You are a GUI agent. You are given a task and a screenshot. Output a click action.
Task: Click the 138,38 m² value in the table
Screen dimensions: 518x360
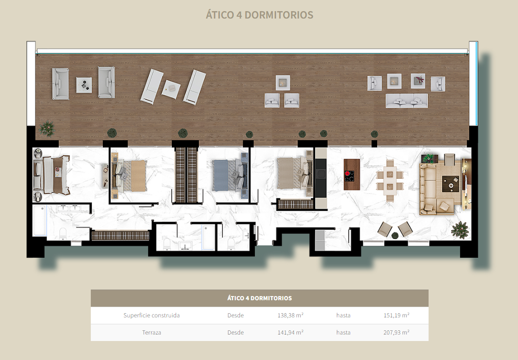point(291,315)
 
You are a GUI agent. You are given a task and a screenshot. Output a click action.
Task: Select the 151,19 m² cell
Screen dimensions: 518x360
point(396,315)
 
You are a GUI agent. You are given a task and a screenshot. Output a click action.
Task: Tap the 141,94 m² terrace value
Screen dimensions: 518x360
point(291,332)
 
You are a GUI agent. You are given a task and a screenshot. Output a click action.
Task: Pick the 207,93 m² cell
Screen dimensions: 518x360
point(396,332)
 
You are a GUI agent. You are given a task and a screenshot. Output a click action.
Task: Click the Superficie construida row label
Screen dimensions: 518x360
point(152,316)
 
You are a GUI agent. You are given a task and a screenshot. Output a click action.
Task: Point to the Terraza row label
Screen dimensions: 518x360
point(152,333)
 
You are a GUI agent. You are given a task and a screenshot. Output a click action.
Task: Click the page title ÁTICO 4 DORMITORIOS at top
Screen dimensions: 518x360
point(259,14)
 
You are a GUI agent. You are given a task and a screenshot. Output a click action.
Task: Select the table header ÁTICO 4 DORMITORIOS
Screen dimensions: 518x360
point(259,298)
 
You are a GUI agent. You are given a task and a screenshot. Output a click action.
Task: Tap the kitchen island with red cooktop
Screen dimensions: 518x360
point(352,175)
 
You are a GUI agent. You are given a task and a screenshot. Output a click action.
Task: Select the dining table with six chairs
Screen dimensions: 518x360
point(390,181)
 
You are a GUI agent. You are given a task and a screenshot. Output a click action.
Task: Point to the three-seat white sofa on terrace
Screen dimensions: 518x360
point(407,101)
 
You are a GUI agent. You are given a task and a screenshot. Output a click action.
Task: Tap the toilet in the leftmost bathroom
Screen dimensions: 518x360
point(63,234)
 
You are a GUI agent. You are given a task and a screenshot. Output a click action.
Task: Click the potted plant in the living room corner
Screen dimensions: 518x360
point(460,230)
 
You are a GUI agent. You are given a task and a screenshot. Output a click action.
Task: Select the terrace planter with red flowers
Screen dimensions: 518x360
point(418,81)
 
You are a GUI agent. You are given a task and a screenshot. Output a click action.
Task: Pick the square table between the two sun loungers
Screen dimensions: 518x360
point(171,89)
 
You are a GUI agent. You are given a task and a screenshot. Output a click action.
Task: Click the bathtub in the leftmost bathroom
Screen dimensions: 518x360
point(40,220)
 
